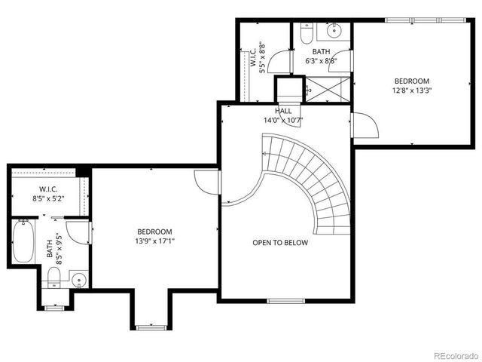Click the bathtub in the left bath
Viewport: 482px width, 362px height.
(x=23, y=241)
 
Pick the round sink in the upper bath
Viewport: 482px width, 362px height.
(x=334, y=31)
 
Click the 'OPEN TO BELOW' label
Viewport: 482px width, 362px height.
(x=279, y=243)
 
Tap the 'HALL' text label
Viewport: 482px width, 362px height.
(x=283, y=111)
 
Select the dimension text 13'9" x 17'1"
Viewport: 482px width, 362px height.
(x=154, y=241)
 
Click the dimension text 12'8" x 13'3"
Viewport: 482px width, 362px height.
(x=411, y=90)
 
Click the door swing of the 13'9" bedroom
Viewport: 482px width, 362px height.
(x=206, y=182)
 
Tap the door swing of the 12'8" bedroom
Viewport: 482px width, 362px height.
(x=365, y=125)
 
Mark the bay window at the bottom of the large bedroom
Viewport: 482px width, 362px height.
(x=149, y=326)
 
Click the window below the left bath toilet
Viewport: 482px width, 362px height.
(x=54, y=308)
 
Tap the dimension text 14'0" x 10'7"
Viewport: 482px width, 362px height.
(x=283, y=120)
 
